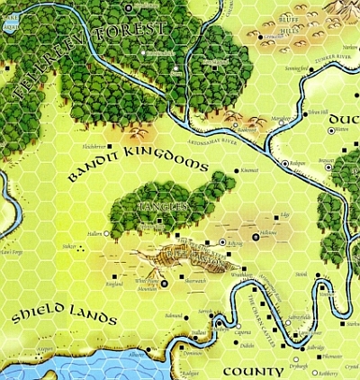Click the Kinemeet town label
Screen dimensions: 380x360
[x=249, y=170]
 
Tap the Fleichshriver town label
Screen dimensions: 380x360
[x=94, y=144]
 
